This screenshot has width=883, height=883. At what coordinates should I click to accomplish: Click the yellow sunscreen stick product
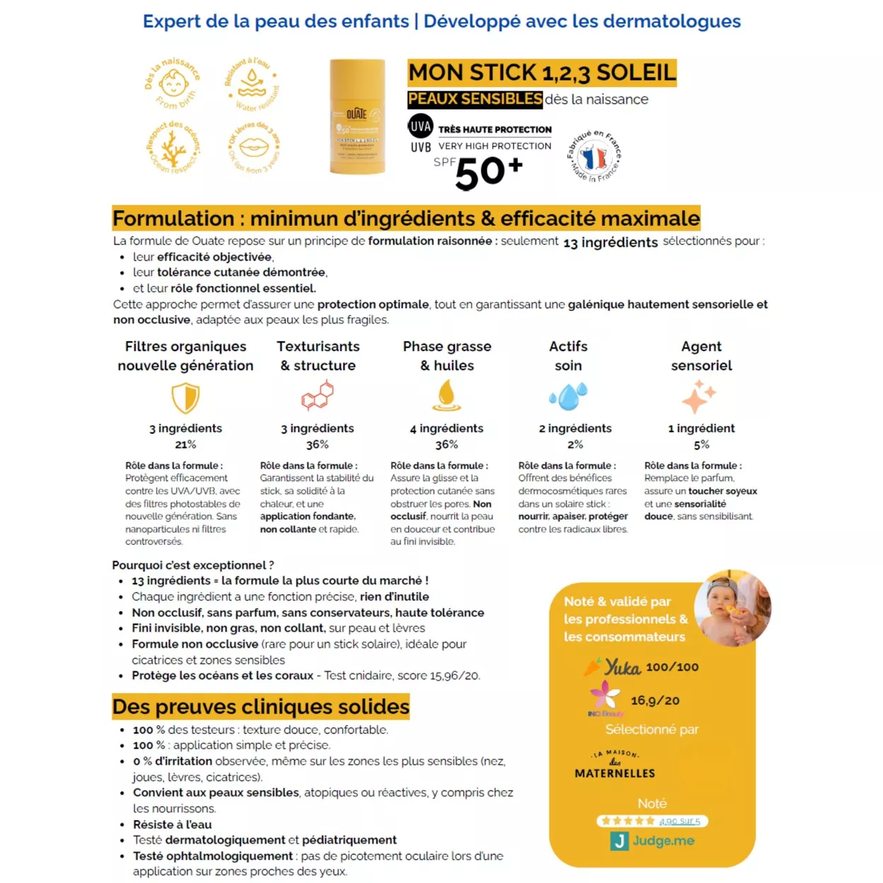tap(357, 117)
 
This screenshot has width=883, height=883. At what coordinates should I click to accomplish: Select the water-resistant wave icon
tap(252, 83)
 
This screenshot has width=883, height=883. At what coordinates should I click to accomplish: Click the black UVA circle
tap(420, 127)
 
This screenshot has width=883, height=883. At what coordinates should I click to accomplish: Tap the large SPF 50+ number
tap(488, 173)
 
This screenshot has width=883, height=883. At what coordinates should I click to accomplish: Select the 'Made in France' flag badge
tap(594, 156)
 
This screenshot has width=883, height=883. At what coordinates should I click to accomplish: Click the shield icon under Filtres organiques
tap(185, 398)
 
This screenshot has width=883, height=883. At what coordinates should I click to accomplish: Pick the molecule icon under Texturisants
tap(318, 396)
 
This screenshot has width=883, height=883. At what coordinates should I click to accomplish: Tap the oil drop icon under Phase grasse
tap(446, 396)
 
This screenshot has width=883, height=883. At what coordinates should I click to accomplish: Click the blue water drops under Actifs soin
tap(569, 396)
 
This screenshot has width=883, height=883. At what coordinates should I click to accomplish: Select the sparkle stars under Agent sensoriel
tap(699, 396)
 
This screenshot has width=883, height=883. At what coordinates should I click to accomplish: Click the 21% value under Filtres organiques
tap(185, 444)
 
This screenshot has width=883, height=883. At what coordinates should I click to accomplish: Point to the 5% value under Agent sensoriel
tap(701, 444)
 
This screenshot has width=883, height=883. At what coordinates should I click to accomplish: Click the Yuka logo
tap(613, 667)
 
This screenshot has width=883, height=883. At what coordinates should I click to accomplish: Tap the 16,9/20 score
tap(654, 700)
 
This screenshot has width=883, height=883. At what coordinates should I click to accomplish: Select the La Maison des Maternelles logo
tap(615, 765)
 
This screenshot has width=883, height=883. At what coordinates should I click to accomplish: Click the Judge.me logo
tap(652, 841)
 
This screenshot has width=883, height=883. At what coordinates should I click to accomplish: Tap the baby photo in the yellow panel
tap(732, 608)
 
